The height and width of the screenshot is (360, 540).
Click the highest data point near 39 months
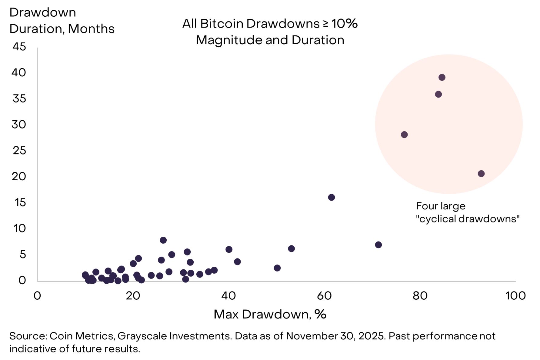point(442,77)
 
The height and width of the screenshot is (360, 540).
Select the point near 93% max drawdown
point(481,174)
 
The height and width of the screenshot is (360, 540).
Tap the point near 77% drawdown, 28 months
point(404,135)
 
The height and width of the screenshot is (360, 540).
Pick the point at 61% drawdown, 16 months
point(332,197)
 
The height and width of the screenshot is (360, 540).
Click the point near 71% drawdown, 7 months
point(378,245)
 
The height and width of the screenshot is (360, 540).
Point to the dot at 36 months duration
point(438,94)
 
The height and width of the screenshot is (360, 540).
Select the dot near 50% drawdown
point(277,268)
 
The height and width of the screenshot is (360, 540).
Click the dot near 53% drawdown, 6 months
point(291,249)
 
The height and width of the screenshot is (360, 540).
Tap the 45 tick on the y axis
point(19,47)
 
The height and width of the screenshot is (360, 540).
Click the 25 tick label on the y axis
point(19,151)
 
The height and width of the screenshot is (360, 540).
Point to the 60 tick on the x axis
point(324,296)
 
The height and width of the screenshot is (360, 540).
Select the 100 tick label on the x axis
point(515,296)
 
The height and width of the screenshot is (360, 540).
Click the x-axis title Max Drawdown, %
point(270,315)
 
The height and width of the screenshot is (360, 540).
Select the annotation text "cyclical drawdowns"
point(468,219)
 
